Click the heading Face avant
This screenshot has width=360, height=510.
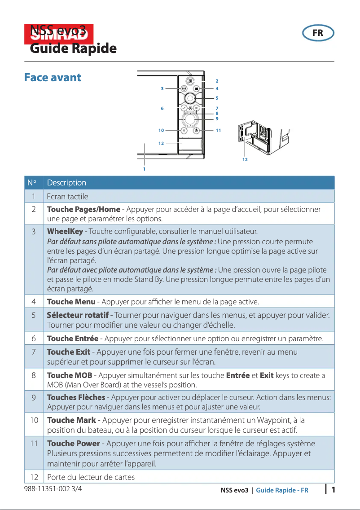tap(53, 77)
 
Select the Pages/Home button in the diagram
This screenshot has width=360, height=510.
tap(190, 81)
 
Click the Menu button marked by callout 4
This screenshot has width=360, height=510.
tap(197, 89)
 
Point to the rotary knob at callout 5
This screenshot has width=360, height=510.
tap(190, 98)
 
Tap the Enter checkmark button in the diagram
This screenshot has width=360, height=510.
tap(184, 108)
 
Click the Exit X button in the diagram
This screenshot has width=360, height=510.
tap(197, 108)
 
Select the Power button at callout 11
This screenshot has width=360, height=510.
tap(197, 130)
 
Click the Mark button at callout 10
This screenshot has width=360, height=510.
tap(184, 130)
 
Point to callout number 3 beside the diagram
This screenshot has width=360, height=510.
tap(162, 89)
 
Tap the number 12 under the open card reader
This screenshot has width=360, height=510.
tap(245, 159)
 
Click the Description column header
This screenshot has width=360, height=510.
tap(66, 183)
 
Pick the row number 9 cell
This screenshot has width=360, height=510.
tap(34, 398)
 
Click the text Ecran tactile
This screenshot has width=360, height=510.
tap(67, 197)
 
